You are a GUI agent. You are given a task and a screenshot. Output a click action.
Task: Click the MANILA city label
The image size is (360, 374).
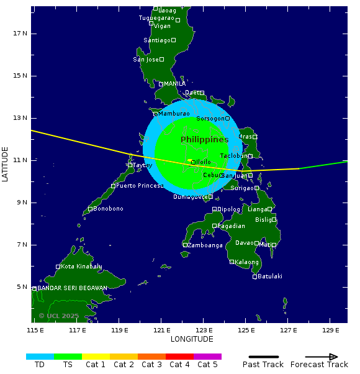(175, 84)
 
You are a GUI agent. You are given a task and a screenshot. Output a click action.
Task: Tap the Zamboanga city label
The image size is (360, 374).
(205, 245)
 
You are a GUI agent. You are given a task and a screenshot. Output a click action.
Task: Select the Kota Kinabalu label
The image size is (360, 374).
(81, 267)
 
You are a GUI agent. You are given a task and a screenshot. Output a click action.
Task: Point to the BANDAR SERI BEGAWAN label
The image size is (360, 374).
(72, 288)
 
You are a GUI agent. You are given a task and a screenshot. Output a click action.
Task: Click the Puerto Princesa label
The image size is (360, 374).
(140, 186)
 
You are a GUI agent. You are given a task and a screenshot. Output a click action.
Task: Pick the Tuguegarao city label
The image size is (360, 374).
(156, 18)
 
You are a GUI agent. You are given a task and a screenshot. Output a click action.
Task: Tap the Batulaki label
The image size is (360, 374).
(270, 276)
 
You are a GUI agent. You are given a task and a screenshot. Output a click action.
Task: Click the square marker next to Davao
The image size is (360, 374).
(256, 244)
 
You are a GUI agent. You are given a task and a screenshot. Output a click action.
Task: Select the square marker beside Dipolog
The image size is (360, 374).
(215, 209)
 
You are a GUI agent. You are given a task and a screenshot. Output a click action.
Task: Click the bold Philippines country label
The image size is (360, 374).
(205, 140)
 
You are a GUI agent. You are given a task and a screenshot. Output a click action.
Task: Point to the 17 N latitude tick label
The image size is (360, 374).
(21, 34)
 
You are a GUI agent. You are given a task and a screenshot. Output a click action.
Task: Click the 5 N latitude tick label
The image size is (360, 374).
(21, 287)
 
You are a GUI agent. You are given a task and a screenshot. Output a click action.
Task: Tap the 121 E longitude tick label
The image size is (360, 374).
(161, 329)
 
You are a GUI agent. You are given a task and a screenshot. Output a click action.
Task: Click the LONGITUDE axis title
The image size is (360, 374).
(192, 339)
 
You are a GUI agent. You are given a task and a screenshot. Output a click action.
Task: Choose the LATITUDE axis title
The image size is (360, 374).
(6, 164)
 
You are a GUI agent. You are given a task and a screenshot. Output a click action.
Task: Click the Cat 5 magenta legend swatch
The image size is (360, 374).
(207, 357)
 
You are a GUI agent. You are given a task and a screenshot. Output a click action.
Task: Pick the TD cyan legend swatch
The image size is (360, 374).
(40, 357)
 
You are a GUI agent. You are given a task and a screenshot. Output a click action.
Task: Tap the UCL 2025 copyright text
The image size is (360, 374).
(59, 316)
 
